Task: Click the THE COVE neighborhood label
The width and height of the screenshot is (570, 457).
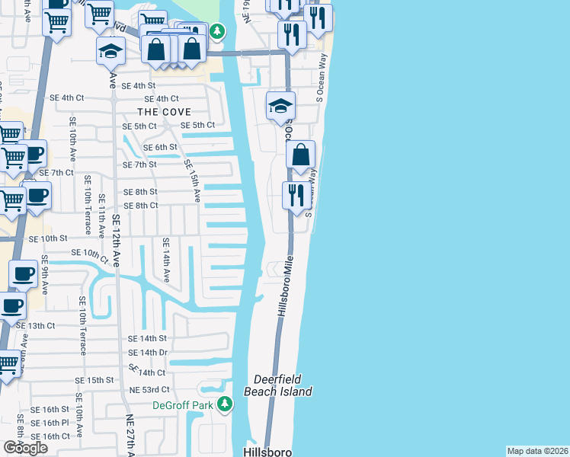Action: tap(165, 112)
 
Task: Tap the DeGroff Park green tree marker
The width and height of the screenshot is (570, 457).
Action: tap(223, 404)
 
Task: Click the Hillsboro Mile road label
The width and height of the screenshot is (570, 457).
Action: tap(286, 286)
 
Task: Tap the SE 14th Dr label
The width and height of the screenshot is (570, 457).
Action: tap(148, 353)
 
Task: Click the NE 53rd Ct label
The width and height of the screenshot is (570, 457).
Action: tap(148, 390)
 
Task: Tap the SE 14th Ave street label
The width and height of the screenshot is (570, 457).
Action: tap(165, 260)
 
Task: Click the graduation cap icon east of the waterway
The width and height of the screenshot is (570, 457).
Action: tap(280, 107)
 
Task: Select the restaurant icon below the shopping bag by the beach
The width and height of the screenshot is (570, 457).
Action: tap(296, 195)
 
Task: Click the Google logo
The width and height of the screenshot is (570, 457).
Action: tap(25, 448)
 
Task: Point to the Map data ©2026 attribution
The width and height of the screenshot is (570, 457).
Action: tap(538, 451)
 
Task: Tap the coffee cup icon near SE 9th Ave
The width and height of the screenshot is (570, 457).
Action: tap(22, 274)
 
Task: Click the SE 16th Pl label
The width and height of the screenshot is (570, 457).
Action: tap(56, 423)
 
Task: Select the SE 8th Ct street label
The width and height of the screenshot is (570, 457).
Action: tap(141, 206)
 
